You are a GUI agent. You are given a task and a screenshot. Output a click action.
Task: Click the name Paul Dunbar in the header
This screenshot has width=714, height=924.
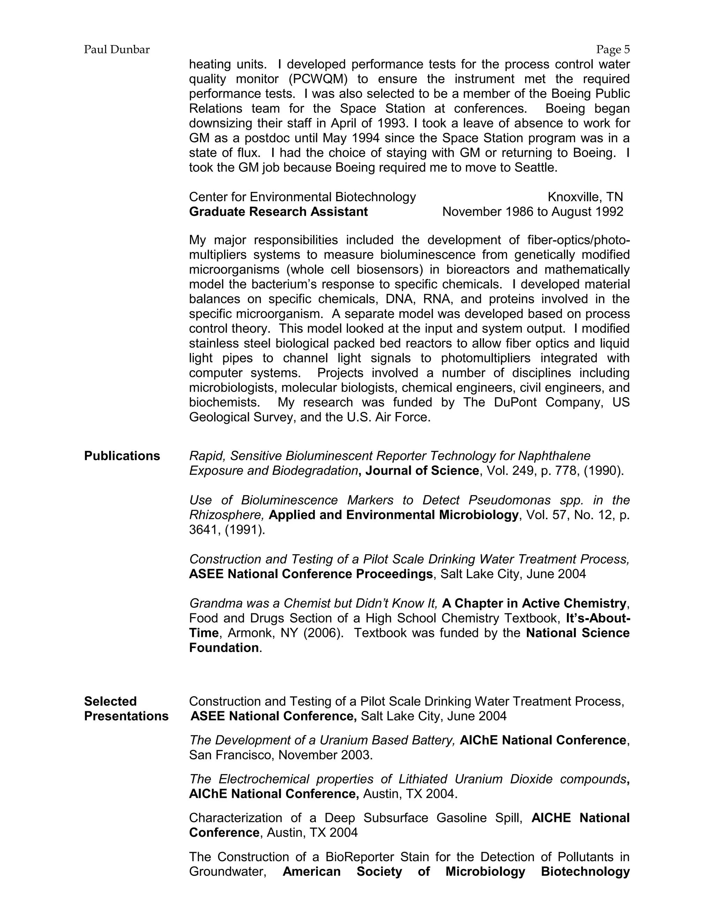coord(117,50)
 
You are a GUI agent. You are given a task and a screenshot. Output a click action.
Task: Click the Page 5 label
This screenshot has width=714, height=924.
coord(613,50)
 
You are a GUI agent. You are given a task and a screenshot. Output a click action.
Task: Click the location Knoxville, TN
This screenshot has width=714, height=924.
coord(585,197)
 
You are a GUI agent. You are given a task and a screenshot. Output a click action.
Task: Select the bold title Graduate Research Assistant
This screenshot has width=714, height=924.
coord(278,212)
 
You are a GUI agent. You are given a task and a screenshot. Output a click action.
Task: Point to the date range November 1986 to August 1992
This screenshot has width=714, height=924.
coord(533,212)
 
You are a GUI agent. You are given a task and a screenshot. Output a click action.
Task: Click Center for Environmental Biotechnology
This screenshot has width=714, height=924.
coord(302,197)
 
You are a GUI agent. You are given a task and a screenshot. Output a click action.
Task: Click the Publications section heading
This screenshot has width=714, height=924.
coord(122,456)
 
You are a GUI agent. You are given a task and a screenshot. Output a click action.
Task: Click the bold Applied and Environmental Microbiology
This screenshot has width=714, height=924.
coord(393,515)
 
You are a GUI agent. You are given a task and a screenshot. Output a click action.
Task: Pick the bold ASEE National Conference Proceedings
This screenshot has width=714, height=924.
coord(311,574)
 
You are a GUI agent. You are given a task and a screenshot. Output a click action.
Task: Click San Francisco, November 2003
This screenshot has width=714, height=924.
coord(281,755)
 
